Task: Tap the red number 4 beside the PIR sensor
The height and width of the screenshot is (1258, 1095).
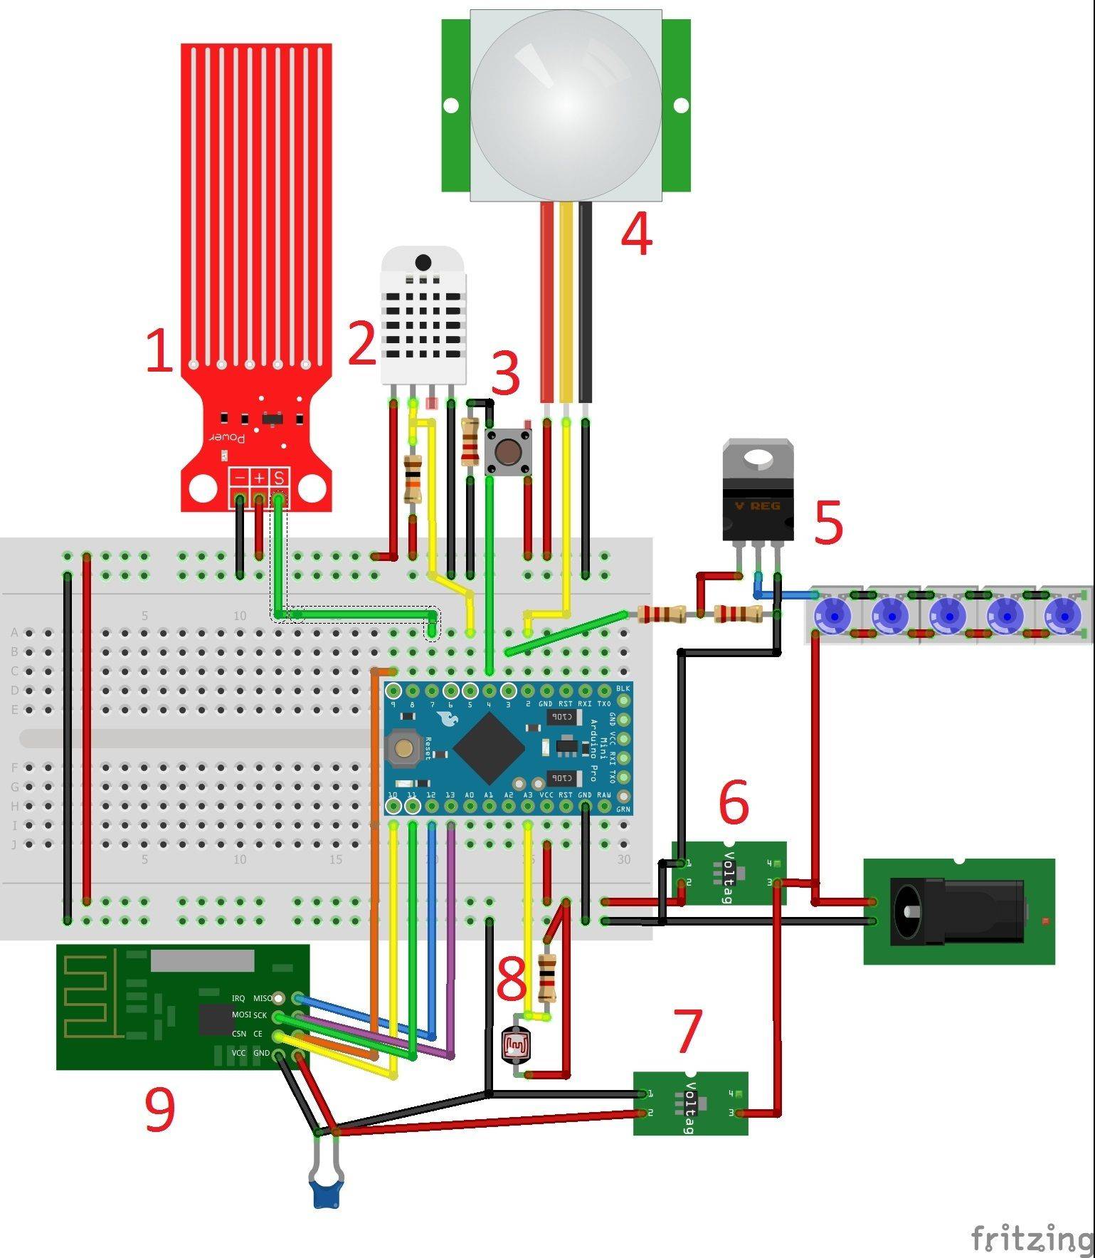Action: (636, 234)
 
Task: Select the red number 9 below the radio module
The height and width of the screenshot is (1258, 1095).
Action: (159, 1111)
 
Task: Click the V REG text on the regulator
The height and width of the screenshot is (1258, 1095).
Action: (757, 506)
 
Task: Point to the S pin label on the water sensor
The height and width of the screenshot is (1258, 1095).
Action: (279, 478)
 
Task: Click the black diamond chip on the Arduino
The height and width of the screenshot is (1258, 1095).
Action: (489, 747)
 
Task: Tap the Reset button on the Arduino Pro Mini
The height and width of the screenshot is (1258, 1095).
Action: (403, 748)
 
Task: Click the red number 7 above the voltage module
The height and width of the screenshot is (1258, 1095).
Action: (687, 1031)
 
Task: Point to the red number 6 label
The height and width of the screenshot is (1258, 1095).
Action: (734, 802)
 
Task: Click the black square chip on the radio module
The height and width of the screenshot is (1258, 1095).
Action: (216, 1019)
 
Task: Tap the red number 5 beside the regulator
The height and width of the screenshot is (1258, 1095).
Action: (827, 523)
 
